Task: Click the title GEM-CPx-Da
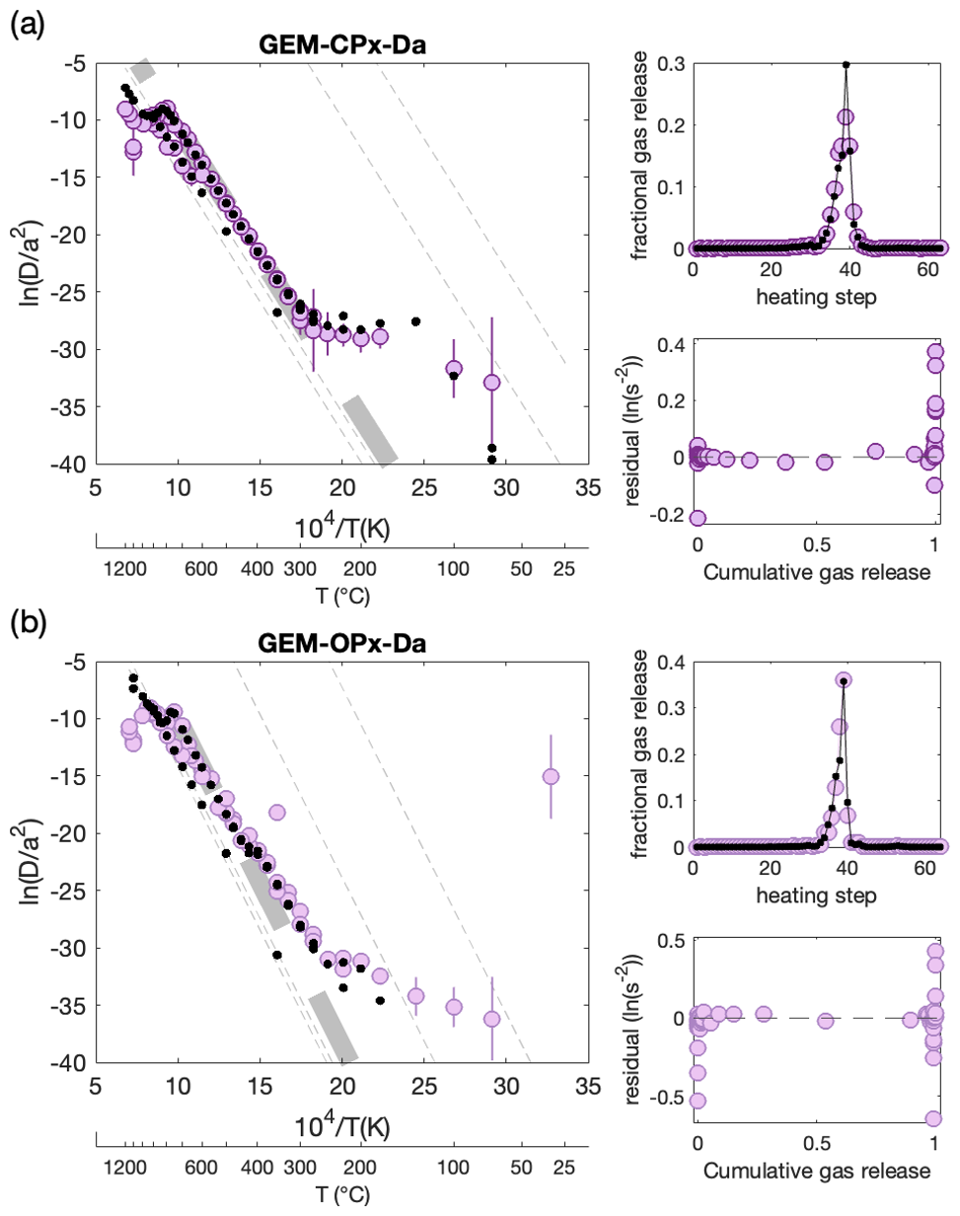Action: click(x=342, y=44)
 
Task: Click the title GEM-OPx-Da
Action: click(x=342, y=644)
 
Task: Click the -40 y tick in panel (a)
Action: click(x=68, y=465)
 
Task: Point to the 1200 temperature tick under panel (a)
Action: click(x=125, y=569)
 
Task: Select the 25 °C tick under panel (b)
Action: click(x=563, y=1168)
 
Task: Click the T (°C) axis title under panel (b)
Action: click(x=342, y=1194)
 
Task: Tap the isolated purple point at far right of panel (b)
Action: click(x=551, y=776)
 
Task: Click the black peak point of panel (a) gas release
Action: click(x=847, y=65)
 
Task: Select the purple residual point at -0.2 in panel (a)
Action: click(x=698, y=518)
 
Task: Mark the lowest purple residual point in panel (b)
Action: click(x=933, y=1118)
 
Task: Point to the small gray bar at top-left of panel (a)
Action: click(x=144, y=70)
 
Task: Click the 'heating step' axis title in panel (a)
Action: click(x=816, y=297)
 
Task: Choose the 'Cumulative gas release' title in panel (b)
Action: click(x=816, y=1171)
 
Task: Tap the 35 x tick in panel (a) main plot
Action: click(x=588, y=488)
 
